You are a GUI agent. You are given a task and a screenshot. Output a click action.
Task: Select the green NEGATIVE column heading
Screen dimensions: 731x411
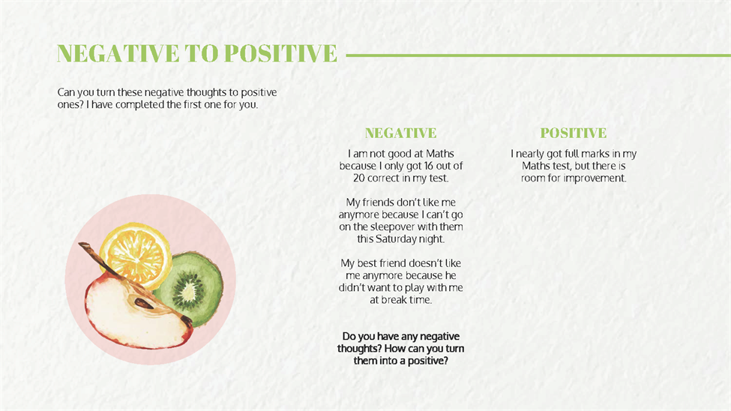(401, 133)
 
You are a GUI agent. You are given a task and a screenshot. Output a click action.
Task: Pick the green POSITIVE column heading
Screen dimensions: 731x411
(574, 133)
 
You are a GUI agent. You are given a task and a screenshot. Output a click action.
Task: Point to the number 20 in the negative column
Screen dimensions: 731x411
(359, 178)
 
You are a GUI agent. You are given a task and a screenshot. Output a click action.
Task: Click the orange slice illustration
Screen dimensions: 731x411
(135, 255)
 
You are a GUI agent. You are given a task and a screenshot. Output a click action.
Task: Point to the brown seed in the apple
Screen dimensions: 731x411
(144, 304)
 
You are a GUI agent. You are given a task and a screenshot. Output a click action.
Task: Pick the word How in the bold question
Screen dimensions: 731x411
(394, 349)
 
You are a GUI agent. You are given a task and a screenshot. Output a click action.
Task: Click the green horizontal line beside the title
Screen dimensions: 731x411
(538, 55)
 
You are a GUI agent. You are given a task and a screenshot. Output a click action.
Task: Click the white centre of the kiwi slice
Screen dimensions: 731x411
(188, 292)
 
